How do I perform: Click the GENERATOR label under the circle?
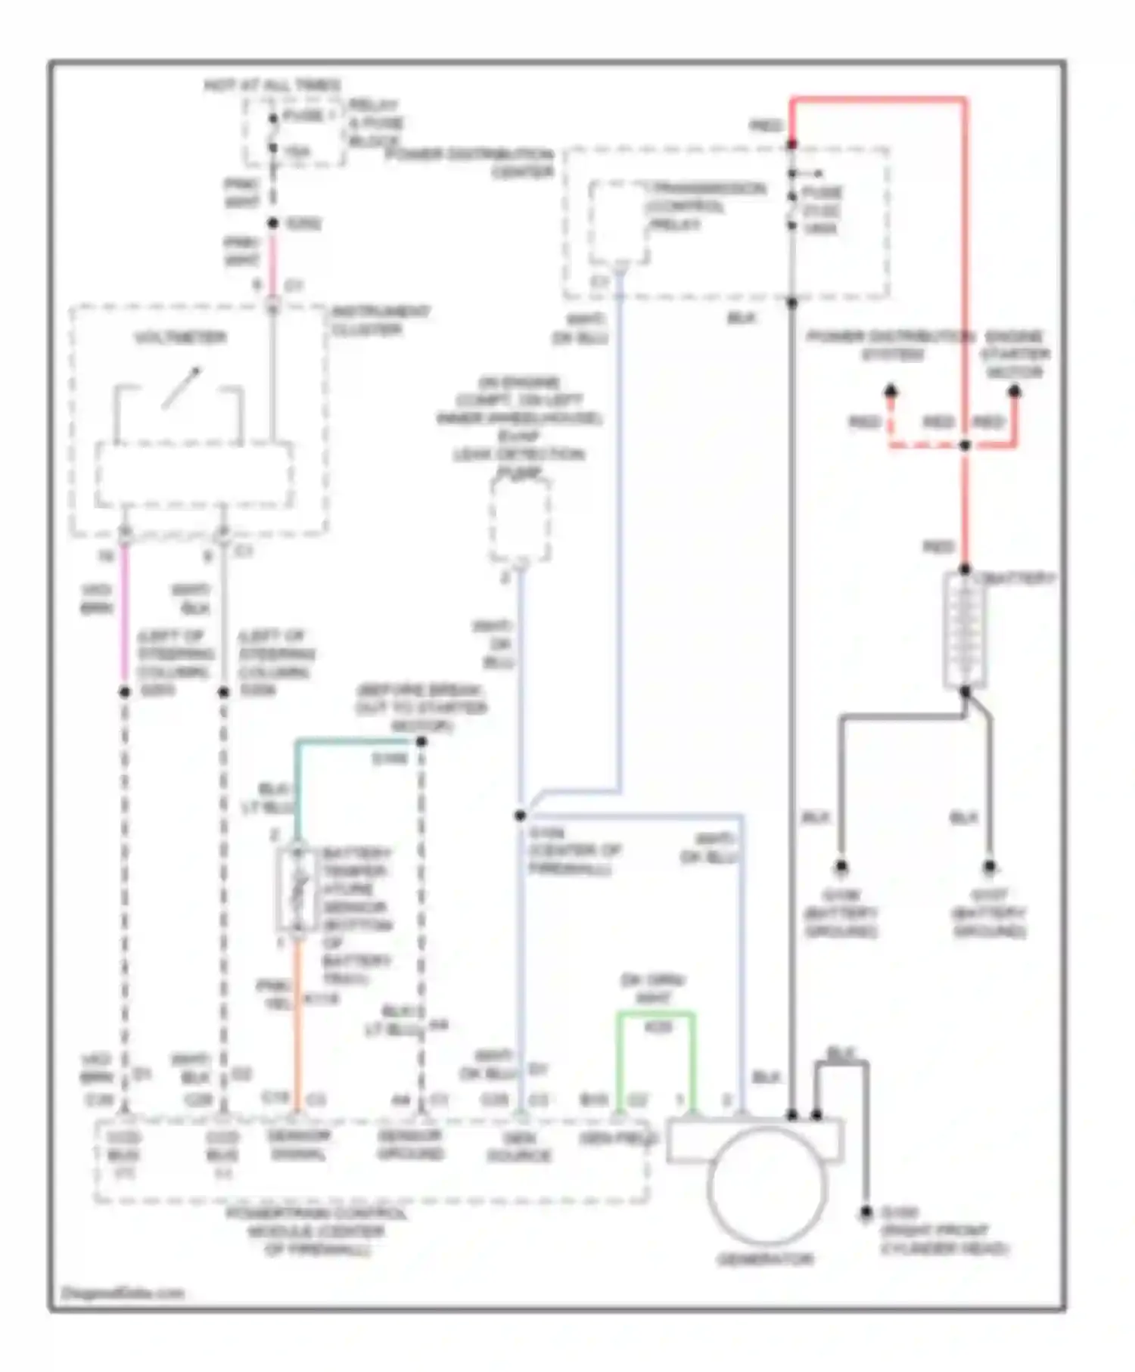tap(764, 1259)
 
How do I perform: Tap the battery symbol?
tap(964, 631)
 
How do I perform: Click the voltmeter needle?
tap(182, 388)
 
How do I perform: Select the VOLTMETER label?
tap(180, 337)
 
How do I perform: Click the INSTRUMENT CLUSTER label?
tap(381, 321)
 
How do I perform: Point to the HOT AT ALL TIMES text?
tap(272, 85)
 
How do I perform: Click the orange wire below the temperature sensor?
tap(297, 1021)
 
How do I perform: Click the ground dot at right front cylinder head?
tap(866, 1212)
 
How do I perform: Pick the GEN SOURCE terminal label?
tap(519, 1147)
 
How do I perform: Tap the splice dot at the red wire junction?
tap(965, 445)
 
